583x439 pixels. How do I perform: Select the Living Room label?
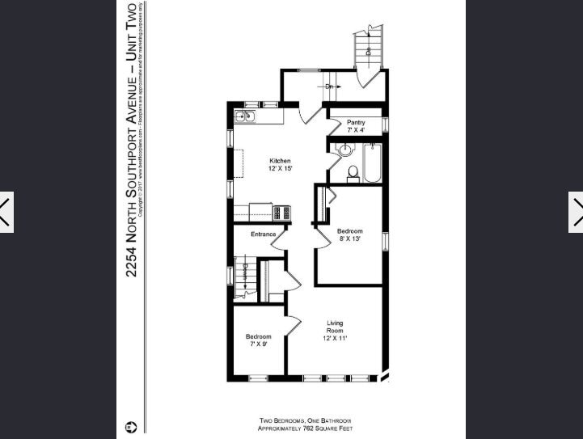[335, 331]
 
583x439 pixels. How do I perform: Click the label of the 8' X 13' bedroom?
[349, 235]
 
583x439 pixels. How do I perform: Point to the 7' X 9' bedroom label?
[258, 340]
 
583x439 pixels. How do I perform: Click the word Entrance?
[264, 234]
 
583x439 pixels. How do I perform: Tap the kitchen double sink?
[244, 116]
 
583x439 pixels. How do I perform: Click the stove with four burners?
[282, 213]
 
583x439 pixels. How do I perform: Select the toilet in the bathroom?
[353, 173]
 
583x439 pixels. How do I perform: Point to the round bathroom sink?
[345, 150]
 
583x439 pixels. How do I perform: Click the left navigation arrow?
[6, 213]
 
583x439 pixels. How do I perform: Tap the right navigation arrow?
[577, 213]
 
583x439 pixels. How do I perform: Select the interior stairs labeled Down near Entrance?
[243, 279]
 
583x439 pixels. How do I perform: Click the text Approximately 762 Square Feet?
[305, 428]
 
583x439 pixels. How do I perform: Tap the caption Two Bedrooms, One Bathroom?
[305, 420]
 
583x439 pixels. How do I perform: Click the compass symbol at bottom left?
[131, 426]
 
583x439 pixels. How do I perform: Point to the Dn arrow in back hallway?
[329, 86]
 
